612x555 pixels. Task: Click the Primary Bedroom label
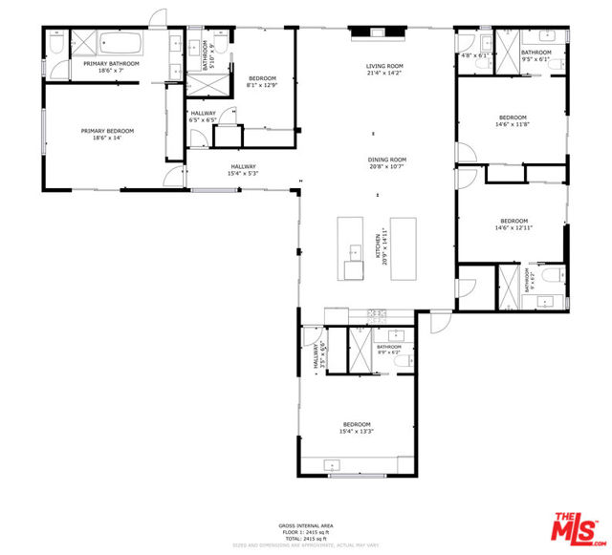click(x=107, y=132)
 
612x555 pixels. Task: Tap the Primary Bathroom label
click(x=111, y=64)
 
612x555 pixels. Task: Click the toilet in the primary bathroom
click(x=55, y=45)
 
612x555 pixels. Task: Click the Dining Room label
click(x=387, y=160)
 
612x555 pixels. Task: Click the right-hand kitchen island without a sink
click(x=403, y=247)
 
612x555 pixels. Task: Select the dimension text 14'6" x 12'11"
click(x=512, y=227)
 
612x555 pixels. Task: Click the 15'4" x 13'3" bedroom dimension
click(x=357, y=432)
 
